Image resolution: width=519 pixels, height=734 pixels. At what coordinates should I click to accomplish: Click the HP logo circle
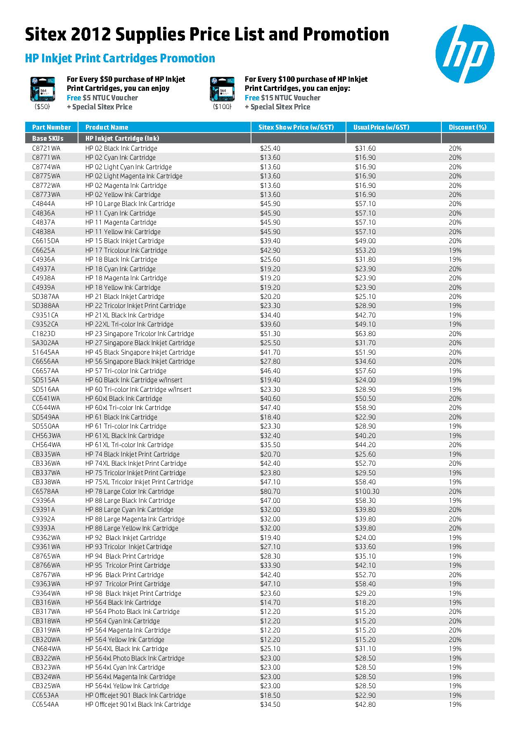tap(464, 54)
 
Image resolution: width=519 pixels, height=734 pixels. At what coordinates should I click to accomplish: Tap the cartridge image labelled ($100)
tap(222, 89)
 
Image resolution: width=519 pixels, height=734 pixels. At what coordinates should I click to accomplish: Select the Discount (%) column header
tap(467, 127)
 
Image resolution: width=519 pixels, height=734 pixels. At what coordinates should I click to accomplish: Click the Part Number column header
tap(52, 127)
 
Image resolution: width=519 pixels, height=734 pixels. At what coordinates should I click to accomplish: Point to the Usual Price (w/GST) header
tap(382, 127)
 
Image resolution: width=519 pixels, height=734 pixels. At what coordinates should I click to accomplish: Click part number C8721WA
tap(46, 148)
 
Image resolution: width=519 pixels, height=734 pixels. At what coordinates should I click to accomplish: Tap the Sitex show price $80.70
tap(270, 491)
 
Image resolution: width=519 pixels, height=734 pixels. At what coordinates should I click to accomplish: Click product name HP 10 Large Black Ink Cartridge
tap(130, 204)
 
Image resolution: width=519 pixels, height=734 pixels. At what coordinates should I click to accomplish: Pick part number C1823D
tap(44, 334)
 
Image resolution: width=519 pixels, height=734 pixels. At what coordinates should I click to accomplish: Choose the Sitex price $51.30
tap(270, 334)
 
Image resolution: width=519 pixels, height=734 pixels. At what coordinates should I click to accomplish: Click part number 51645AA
tap(46, 352)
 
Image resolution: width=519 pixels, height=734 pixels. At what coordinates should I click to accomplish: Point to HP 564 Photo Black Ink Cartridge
tap(133, 611)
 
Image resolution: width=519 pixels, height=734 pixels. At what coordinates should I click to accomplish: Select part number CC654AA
tap(45, 704)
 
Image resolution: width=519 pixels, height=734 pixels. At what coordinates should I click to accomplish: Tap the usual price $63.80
tap(365, 334)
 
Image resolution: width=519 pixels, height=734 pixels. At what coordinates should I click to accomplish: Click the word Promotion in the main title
tap(346, 34)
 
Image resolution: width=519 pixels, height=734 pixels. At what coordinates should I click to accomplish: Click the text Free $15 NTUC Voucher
tap(282, 98)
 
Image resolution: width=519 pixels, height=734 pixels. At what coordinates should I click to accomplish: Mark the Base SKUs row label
tap(48, 138)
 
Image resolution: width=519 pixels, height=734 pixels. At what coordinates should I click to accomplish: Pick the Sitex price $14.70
tap(270, 602)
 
